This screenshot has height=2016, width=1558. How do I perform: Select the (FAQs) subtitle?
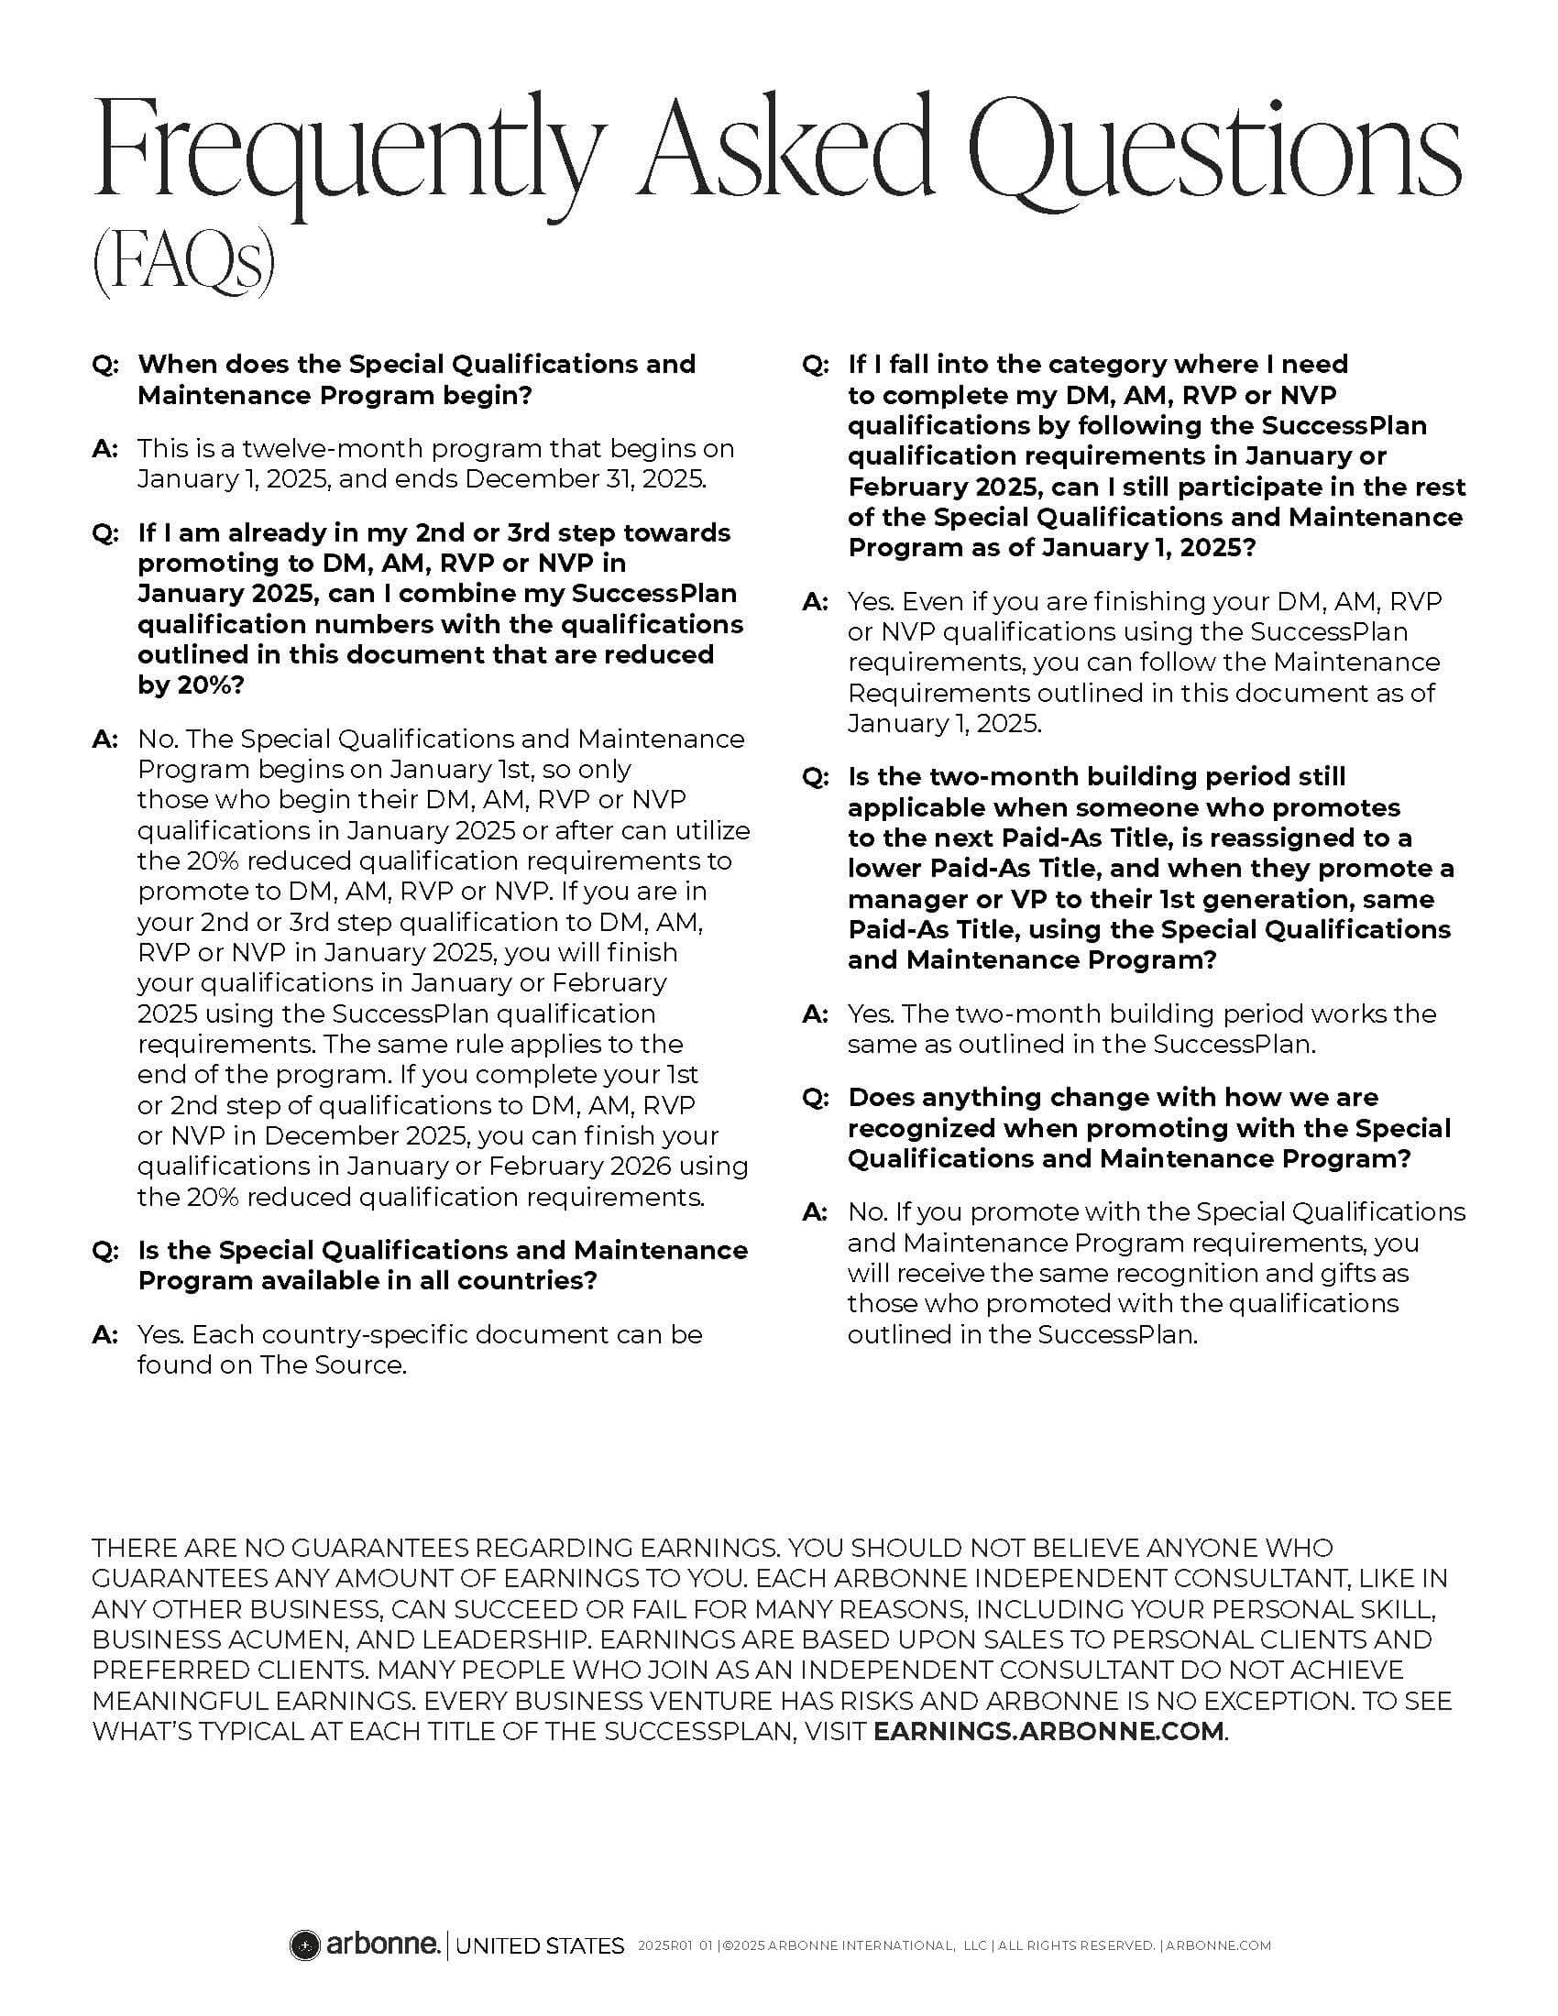coord(182,265)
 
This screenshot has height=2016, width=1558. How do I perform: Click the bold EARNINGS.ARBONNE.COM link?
coord(1048,1731)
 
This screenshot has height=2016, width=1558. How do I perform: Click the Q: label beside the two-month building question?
coord(816,777)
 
